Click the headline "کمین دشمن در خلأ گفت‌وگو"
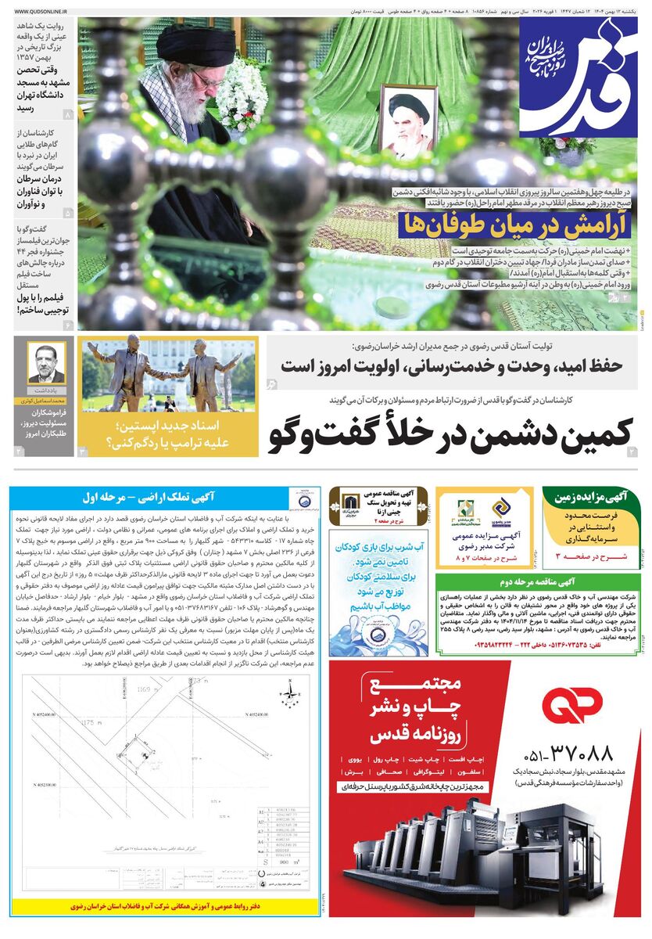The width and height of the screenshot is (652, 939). pos(442,434)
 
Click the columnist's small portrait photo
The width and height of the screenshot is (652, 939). pos(46,362)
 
